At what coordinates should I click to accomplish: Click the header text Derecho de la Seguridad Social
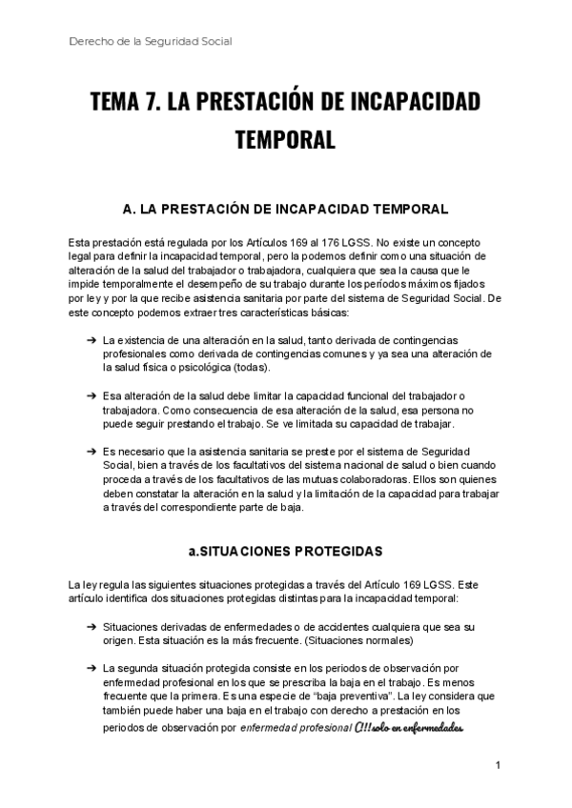[x=151, y=41]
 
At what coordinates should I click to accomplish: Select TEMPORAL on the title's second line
[x=285, y=140]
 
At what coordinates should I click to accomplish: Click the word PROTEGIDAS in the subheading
[x=336, y=552]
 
